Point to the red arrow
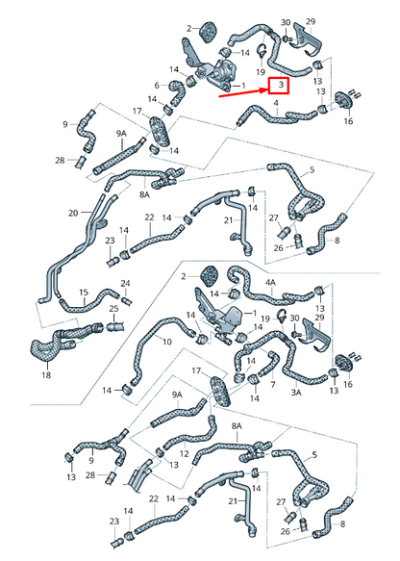[x=244, y=92]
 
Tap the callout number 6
[x=157, y=86]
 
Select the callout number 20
[x=73, y=214]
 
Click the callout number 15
[x=84, y=293]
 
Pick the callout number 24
[x=125, y=284]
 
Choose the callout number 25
[x=113, y=309]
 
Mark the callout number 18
[x=46, y=375]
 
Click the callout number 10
[x=167, y=342]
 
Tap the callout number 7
[x=273, y=385]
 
